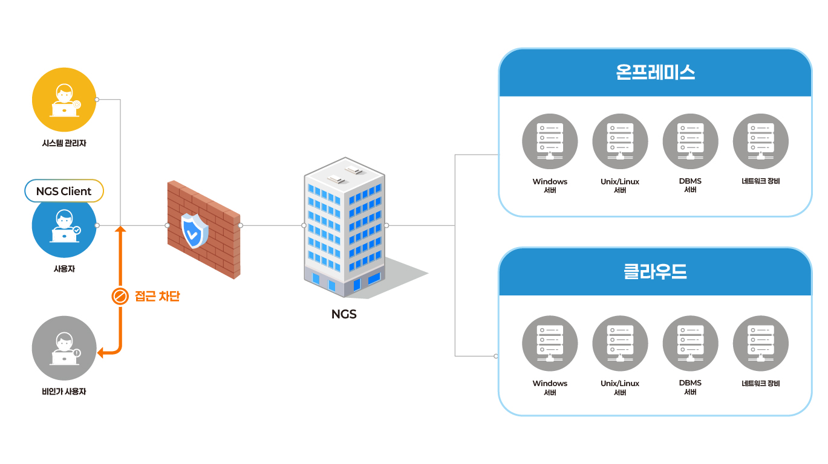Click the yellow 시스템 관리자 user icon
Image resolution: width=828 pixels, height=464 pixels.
tap(64, 100)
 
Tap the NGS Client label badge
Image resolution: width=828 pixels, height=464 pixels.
tap(64, 191)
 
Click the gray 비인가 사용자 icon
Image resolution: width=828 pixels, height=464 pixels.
tap(64, 348)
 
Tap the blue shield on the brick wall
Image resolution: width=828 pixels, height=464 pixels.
tap(195, 230)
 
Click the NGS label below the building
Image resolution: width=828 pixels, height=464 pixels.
tap(344, 314)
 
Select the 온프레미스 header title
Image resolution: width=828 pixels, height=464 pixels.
tap(655, 72)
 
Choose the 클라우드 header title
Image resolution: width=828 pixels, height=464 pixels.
tap(655, 272)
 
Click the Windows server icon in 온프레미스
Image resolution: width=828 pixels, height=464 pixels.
tap(550, 141)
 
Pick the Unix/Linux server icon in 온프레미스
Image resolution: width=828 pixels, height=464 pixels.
tap(620, 141)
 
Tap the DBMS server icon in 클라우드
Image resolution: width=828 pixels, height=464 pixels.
tap(690, 343)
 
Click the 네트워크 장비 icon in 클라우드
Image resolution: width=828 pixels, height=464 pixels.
tap(760, 343)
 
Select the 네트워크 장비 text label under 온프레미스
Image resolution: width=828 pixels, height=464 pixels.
tap(760, 181)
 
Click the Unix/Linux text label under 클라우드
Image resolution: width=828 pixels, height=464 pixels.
tap(620, 384)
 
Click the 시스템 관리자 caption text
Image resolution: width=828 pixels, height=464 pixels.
tap(64, 144)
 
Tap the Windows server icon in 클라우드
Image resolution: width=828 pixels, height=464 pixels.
tap(550, 343)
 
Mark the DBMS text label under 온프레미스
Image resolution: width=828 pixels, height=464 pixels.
tap(690, 181)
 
